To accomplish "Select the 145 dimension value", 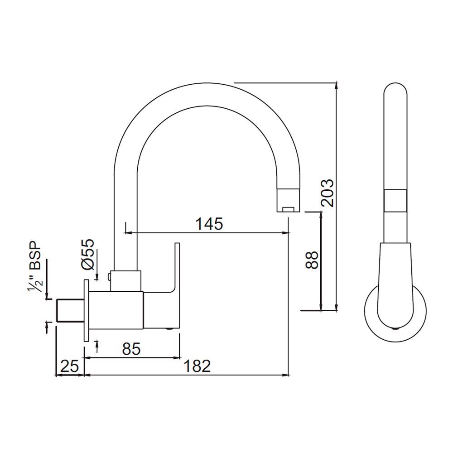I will click(x=209, y=224).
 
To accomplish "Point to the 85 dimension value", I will click(x=131, y=348).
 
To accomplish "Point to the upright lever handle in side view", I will click(x=177, y=267).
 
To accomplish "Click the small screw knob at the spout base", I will click(x=110, y=276).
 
